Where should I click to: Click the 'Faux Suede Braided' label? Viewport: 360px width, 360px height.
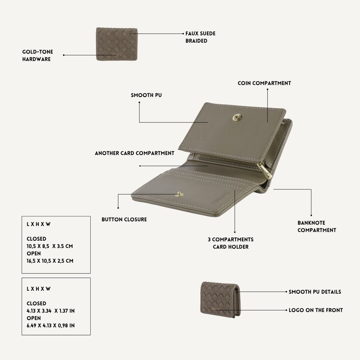pos(200,37)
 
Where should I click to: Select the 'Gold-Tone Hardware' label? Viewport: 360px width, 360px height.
pos(38,55)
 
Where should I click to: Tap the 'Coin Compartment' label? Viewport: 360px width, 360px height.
pos(264,83)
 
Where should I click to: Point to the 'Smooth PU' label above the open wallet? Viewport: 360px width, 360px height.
pos(146,95)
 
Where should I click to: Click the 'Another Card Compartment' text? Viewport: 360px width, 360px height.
pos(135,153)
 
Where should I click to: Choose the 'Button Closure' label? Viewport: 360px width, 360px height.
pos(124,219)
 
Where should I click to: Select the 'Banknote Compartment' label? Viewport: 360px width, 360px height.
pos(317,226)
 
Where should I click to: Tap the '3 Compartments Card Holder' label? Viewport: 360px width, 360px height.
pos(231,243)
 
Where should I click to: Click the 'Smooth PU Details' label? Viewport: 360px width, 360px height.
pos(315,292)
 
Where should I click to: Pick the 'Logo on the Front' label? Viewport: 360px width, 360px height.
pos(316,310)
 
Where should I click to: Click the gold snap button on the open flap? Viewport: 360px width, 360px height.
pos(237,118)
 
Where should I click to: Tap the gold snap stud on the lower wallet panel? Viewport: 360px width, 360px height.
pos(179,194)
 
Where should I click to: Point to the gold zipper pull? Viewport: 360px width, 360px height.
pos(265,171)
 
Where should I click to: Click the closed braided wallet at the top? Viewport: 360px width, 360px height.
pos(117,44)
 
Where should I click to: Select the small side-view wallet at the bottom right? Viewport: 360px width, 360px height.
pos(220,300)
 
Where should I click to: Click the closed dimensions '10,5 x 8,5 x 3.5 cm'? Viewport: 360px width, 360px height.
pos(50,246)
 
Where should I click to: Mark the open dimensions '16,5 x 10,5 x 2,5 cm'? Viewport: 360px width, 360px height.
pos(50,261)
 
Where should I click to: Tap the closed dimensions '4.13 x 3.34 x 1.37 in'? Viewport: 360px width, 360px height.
pos(51,311)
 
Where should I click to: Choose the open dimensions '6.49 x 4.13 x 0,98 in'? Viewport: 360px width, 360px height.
pos(51,326)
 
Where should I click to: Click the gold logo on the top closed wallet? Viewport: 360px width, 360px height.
pos(116,55)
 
